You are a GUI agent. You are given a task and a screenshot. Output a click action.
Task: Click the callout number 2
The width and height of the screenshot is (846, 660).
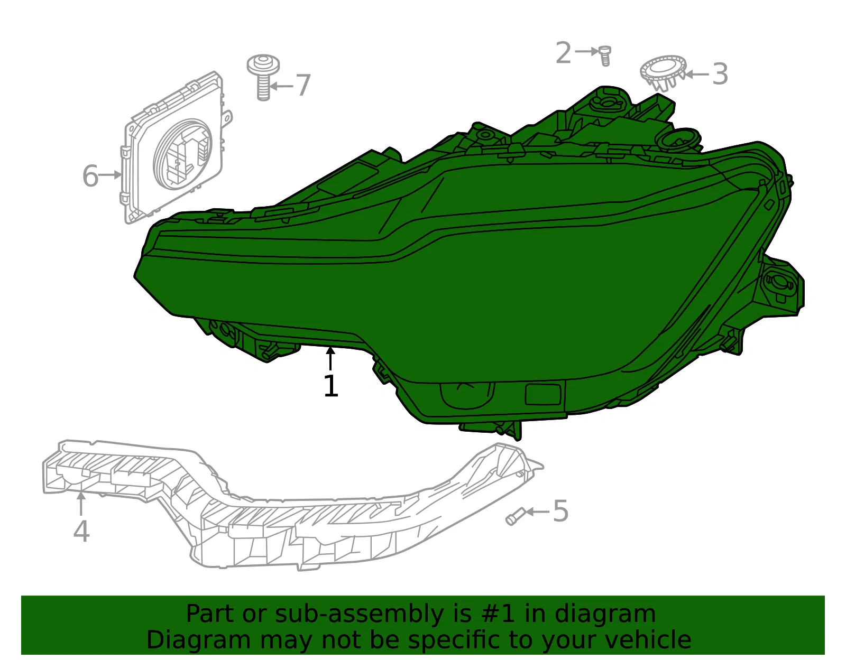click(563, 52)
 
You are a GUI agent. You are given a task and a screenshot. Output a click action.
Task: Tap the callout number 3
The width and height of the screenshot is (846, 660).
click(720, 74)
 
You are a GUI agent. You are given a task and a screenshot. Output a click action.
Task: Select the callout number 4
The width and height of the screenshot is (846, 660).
click(81, 531)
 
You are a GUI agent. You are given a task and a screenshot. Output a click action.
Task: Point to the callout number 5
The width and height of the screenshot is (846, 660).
click(560, 511)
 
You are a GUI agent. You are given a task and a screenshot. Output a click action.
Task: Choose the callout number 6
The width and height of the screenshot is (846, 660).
click(90, 176)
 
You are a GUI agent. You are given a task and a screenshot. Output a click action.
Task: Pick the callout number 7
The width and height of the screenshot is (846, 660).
click(304, 85)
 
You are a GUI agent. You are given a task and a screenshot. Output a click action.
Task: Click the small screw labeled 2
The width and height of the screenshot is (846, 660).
click(605, 56)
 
